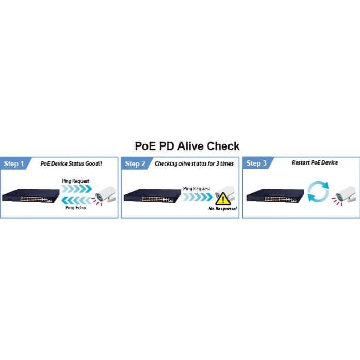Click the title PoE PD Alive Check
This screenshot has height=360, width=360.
(x=187, y=146)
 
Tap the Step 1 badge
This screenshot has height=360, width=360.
(x=14, y=163)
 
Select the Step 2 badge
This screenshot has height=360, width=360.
(x=136, y=163)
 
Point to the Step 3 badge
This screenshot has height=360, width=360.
(x=257, y=163)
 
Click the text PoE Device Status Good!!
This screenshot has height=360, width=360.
(x=71, y=163)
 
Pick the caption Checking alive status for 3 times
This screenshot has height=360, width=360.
(x=194, y=163)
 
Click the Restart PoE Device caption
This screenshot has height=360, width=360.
(x=315, y=162)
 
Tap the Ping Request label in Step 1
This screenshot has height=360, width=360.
(x=75, y=181)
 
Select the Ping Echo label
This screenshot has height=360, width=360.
(x=75, y=208)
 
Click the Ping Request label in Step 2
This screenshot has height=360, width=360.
(x=197, y=189)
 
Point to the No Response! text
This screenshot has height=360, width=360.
(x=222, y=209)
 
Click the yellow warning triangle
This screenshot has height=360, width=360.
(x=223, y=199)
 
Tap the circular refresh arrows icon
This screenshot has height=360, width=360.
(x=318, y=191)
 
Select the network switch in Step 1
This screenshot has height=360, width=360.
(x=31, y=195)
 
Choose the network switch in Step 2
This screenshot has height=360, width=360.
(x=152, y=195)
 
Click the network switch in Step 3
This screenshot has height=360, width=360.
(x=275, y=195)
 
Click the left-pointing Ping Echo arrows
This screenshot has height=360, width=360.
(x=77, y=200)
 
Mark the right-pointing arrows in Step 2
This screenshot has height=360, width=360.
(x=198, y=197)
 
